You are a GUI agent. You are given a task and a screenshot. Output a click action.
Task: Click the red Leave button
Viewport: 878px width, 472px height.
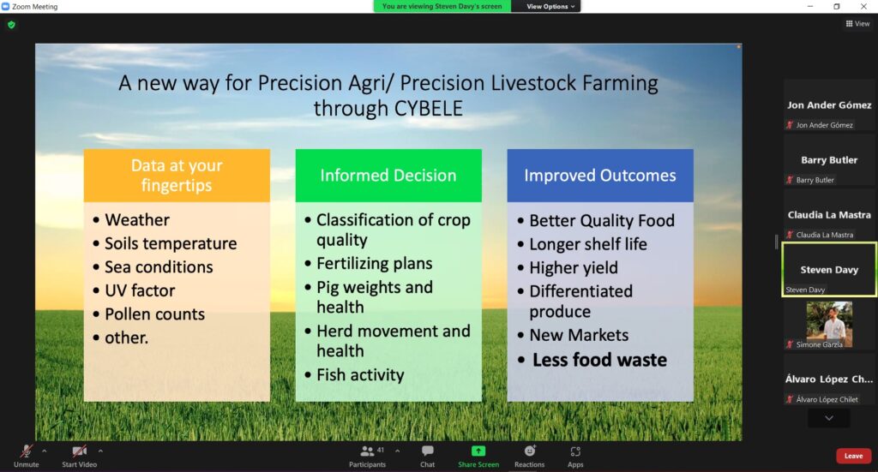point(853,456)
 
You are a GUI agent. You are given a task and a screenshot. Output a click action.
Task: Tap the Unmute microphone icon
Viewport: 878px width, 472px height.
point(27,451)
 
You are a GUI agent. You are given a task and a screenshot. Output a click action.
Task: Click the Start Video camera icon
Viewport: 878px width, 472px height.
point(80,451)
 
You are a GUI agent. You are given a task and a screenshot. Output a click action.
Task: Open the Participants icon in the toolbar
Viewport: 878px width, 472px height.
point(367,451)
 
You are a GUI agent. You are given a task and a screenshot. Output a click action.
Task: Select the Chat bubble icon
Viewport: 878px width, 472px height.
point(427,451)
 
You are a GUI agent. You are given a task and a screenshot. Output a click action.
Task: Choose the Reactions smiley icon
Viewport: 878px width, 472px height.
point(530,451)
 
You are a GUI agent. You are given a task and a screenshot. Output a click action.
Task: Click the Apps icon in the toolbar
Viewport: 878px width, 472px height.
point(575,451)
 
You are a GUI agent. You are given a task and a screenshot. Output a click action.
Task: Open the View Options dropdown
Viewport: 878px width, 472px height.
point(550,6)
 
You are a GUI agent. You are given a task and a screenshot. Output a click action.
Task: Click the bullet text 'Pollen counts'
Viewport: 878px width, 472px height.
point(154,314)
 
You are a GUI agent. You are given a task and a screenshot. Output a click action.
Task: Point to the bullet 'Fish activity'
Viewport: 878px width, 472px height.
point(360,374)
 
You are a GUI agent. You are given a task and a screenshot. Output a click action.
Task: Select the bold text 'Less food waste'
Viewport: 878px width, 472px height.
point(599,360)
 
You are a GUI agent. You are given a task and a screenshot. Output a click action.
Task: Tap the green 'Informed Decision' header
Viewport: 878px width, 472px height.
point(388,175)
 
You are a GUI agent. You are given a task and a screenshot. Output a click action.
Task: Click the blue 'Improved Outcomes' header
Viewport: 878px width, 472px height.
point(600,175)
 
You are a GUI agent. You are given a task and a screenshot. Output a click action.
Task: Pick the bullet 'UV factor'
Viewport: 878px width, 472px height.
point(140,290)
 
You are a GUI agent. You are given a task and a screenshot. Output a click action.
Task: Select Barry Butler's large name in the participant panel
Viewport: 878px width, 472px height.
point(829,160)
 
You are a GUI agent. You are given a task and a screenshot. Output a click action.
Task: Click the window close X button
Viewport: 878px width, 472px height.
point(863,6)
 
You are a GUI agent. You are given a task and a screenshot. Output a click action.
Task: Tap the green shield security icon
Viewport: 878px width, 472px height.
point(11,25)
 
